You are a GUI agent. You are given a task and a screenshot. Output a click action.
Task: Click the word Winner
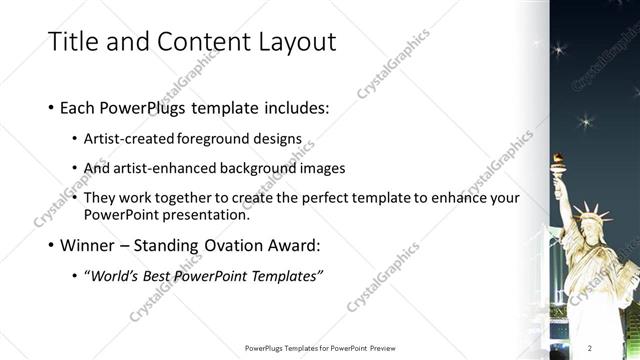pyautogui.click(x=92, y=242)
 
